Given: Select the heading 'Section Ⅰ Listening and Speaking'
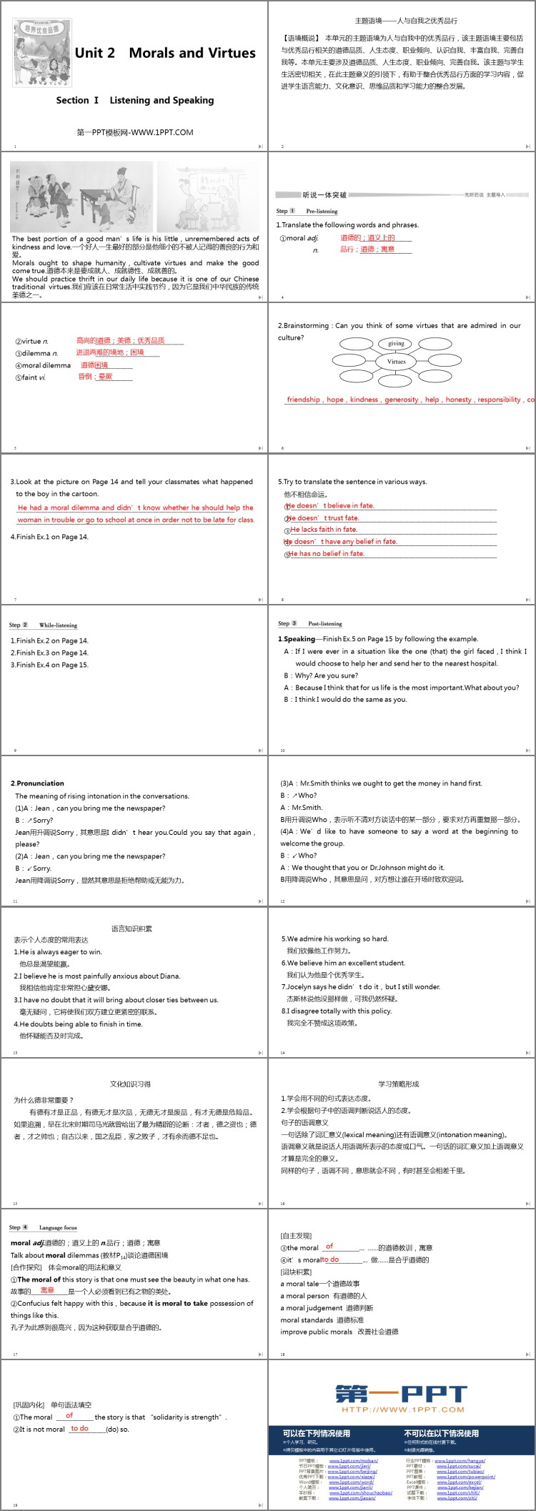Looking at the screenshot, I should coord(135,100).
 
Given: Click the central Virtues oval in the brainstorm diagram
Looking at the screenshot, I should coord(397,362).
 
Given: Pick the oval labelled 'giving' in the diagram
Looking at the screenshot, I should coord(397,343).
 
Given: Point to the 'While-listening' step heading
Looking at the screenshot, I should coord(58,625).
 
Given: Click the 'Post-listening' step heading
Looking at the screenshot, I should coord(325,624).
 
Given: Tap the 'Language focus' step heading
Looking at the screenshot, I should coord(58,1228).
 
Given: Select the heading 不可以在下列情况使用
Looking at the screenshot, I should coord(441,1433).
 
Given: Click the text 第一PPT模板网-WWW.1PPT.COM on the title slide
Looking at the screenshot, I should coord(134,132).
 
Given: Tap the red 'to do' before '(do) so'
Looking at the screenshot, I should coord(79,1428).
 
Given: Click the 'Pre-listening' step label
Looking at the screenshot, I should coord(322,212).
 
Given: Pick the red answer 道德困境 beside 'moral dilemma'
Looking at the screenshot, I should coord(94,365).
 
